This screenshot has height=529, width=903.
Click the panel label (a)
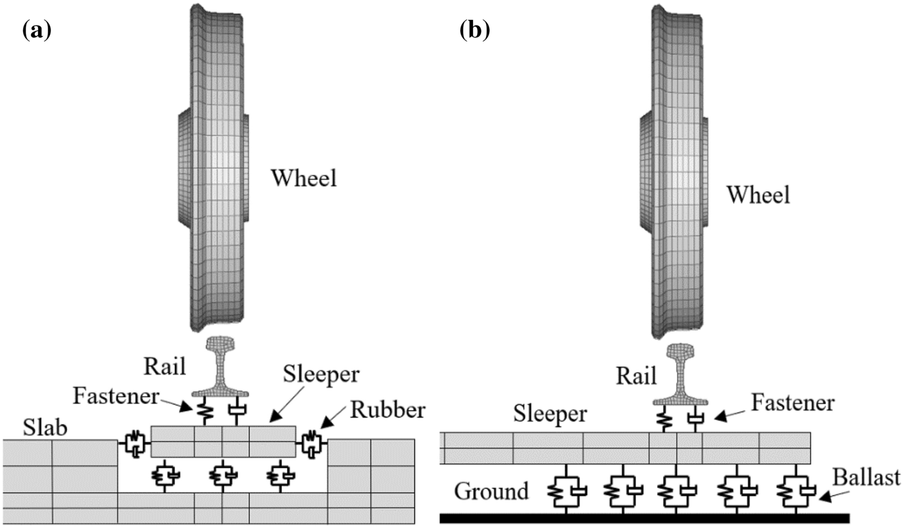(x=37, y=29)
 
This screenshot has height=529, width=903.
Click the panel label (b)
(x=474, y=29)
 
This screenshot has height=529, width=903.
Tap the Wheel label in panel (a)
(x=303, y=178)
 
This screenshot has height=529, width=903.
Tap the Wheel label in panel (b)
(x=758, y=195)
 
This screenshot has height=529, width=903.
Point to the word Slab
(x=45, y=428)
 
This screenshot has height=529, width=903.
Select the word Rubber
(x=387, y=410)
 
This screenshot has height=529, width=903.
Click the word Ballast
(x=866, y=477)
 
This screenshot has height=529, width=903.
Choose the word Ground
(x=491, y=491)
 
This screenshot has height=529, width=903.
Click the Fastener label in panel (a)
(x=116, y=396)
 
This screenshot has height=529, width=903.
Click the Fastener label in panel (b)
(x=792, y=403)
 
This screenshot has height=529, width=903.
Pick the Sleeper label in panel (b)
(x=550, y=413)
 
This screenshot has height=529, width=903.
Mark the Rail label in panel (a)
(x=164, y=366)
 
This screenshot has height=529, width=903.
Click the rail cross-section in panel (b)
(x=680, y=374)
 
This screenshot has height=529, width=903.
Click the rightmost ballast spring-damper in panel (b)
(x=796, y=490)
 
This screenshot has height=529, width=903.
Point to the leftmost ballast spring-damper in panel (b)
(x=566, y=490)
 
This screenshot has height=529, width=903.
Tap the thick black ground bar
(x=644, y=518)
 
